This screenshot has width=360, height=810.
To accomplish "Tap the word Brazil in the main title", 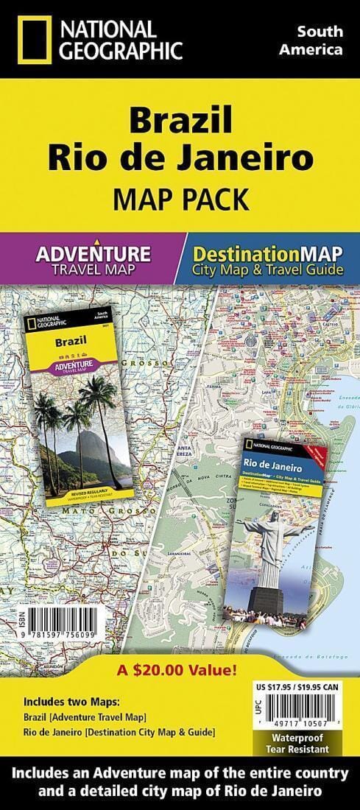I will pos(180,121).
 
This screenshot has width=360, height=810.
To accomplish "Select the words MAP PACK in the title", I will pos(180,199).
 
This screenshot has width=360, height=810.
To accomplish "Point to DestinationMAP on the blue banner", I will pos(267,254).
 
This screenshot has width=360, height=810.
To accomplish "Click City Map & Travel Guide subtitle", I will pos(267,270).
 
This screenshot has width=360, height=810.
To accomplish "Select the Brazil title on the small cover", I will pos(67,341).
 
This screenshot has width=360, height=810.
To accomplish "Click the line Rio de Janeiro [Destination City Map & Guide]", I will pos(119,731).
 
